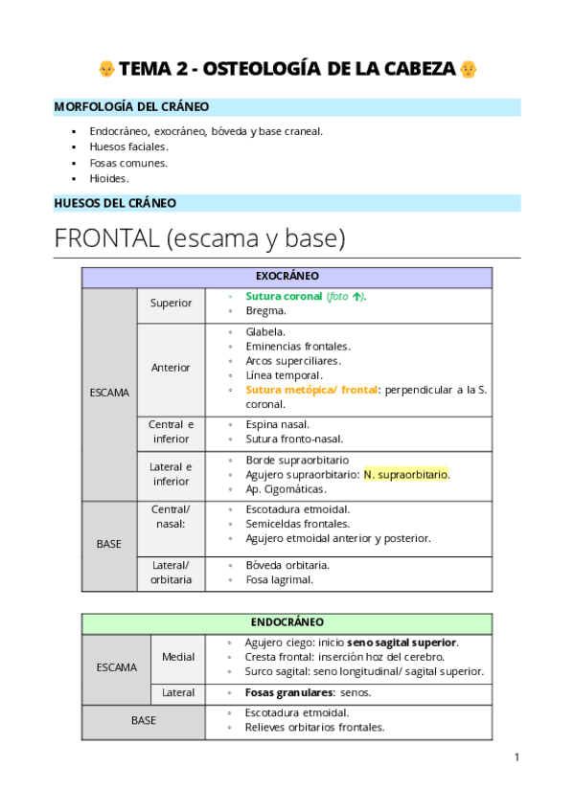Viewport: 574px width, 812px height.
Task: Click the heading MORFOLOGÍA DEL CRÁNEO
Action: [132, 107]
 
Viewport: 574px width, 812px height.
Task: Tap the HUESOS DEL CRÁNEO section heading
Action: [115, 203]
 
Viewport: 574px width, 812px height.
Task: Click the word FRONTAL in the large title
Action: [106, 238]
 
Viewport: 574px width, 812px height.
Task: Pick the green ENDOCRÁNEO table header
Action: [287, 622]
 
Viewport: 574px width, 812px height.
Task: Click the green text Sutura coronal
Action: [284, 297]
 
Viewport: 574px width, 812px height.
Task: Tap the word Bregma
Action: [265, 311]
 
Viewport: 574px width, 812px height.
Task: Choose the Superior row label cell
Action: [171, 304]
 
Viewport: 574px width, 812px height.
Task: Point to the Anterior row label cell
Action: [171, 368]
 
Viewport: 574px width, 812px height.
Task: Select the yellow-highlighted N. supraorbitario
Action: [405, 474]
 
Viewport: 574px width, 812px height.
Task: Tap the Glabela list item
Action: [265, 332]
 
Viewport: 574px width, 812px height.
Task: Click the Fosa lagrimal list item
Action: [279, 579]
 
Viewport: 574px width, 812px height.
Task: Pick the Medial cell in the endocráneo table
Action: [178, 657]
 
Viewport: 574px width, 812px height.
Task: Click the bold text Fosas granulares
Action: [289, 692]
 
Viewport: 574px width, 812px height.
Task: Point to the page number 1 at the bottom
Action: [517, 757]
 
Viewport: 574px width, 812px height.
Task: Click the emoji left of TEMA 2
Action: [106, 70]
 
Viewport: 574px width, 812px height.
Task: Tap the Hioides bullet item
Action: [108, 178]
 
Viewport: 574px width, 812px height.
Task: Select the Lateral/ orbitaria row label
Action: [171, 573]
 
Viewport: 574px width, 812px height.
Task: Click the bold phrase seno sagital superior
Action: [402, 643]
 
